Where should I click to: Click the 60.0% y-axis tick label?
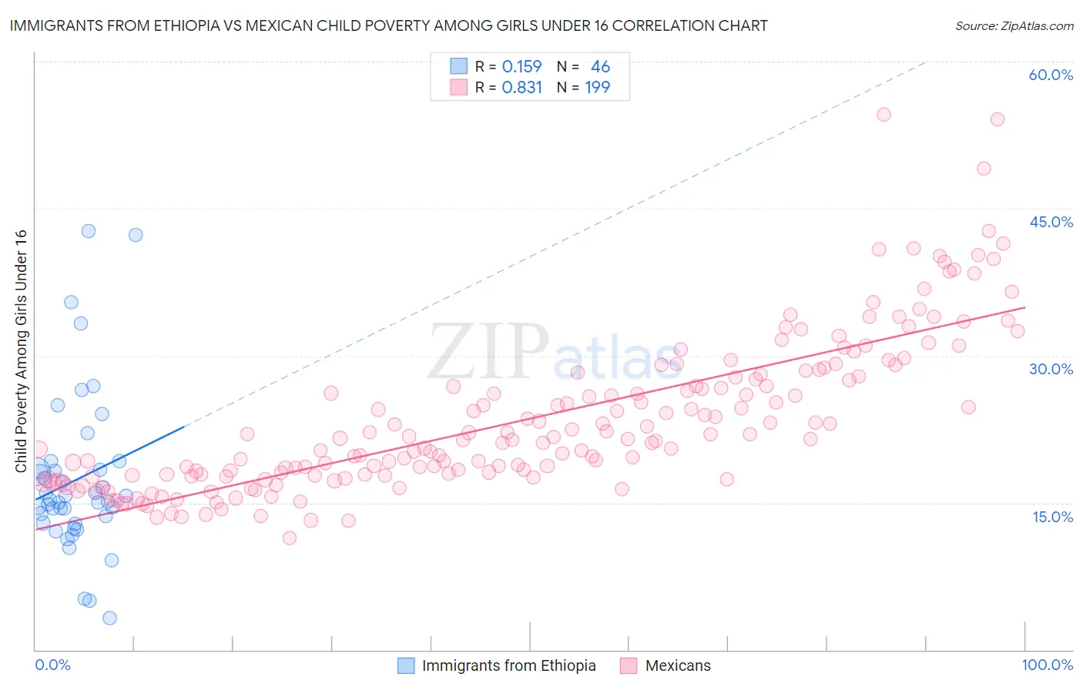click(1051, 75)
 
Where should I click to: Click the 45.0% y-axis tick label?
click(1051, 222)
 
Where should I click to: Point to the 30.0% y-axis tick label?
click(1051, 369)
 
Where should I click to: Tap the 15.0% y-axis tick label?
click(1052, 516)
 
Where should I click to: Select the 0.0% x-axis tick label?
click(52, 665)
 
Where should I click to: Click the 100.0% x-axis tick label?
click(1047, 665)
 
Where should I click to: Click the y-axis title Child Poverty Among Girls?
click(21, 351)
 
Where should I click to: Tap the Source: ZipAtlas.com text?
click(1014, 25)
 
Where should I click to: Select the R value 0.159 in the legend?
click(521, 67)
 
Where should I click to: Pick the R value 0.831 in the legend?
click(521, 88)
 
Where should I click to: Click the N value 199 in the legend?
click(597, 88)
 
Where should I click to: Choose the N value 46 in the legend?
click(600, 67)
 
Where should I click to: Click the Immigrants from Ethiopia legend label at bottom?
click(508, 665)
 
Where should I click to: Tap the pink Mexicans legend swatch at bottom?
click(629, 665)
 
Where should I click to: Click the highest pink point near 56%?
click(883, 115)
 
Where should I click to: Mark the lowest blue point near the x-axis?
click(109, 618)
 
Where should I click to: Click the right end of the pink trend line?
click(1024, 307)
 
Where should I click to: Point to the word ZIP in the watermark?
click(488, 351)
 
